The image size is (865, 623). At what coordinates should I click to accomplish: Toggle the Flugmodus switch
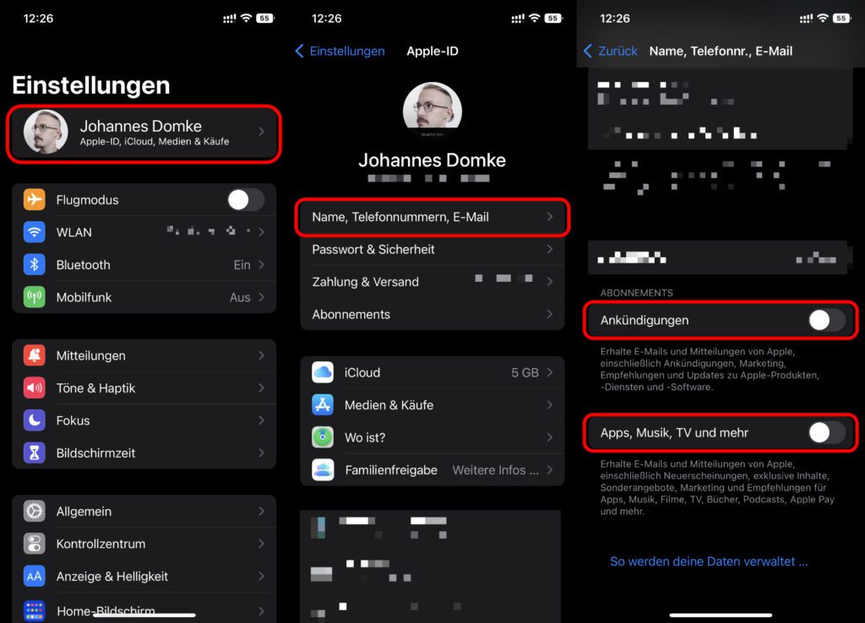245,200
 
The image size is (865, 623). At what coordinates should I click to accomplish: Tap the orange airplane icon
35,200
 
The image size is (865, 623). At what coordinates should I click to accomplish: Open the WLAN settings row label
74,232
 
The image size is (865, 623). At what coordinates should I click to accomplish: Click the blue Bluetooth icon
35,265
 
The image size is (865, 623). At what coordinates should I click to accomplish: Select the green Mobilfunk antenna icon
35,297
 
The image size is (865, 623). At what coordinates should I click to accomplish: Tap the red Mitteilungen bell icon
35,356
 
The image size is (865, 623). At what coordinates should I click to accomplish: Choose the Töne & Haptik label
95,388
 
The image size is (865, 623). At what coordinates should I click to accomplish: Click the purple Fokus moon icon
35,420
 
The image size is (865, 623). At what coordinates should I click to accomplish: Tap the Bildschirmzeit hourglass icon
35,453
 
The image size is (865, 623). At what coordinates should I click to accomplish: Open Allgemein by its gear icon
35,512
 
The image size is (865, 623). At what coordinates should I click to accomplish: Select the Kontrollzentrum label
101,544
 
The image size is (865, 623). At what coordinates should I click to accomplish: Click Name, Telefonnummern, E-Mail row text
400,217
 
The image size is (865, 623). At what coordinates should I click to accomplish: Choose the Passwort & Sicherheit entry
373,249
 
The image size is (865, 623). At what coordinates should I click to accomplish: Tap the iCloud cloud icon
323,372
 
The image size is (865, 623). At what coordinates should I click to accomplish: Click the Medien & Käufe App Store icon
323,405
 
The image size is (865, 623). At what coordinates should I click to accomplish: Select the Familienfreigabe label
390,470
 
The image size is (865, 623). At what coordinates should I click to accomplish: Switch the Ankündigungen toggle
825,321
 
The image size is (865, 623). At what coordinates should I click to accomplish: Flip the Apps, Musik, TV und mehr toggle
825,433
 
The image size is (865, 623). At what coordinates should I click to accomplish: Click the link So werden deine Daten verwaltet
709,561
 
